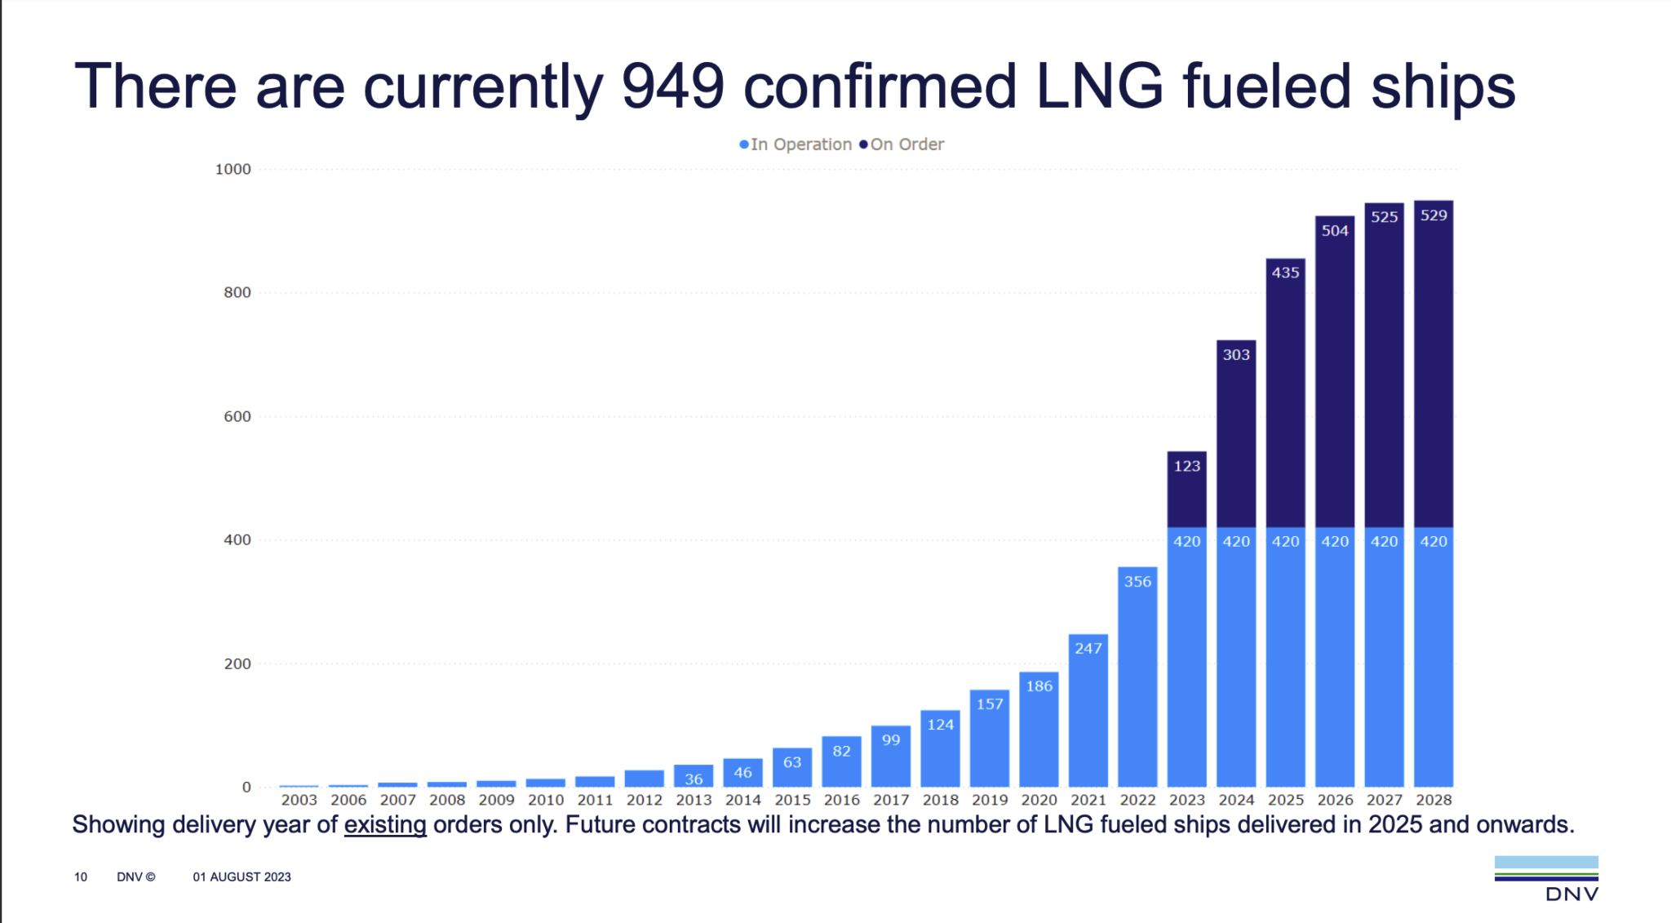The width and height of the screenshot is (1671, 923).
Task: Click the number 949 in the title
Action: coord(672,87)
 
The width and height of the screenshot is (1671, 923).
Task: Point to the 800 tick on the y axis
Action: coord(237,292)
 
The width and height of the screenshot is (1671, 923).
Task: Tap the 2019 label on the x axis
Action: coord(990,800)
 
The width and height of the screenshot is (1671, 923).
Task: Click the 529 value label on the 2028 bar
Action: coord(1434,215)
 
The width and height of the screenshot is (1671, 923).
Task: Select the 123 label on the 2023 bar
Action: coord(1186,466)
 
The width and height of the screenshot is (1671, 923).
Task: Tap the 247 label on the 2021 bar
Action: coord(1088,648)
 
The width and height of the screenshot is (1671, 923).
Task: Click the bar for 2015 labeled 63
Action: coord(792,766)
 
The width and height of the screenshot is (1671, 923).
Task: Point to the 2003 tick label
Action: coord(299,800)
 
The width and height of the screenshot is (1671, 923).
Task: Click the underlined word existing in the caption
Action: coord(385,824)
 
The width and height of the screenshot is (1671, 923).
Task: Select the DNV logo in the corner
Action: coord(1546,878)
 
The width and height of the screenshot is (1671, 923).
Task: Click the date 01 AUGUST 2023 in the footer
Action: coord(242,876)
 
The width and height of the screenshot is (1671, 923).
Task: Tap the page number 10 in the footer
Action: coord(81,876)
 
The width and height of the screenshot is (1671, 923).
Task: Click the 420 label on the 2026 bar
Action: coord(1335,541)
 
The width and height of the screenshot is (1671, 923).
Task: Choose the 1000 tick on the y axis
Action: coord(233,169)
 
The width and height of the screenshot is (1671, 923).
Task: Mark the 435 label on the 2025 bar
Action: coord(1285,273)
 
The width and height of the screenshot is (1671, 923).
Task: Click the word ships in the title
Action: coord(1443,87)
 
